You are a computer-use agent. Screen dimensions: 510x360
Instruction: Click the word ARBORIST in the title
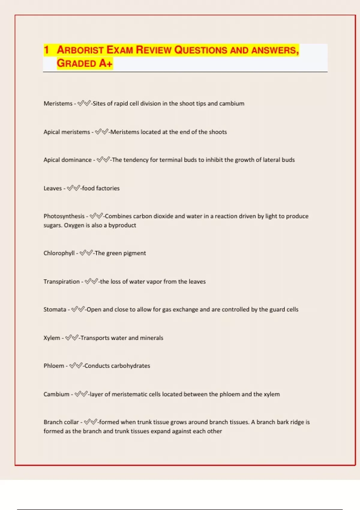[80, 50]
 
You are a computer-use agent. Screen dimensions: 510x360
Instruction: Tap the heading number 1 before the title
[46, 50]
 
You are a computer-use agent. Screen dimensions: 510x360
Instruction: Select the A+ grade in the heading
[106, 63]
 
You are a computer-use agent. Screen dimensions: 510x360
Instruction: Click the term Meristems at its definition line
[58, 103]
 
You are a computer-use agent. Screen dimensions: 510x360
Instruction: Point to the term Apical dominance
[67, 160]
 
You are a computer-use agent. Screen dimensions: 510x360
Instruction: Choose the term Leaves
[52, 188]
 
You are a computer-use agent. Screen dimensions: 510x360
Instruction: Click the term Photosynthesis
[64, 216]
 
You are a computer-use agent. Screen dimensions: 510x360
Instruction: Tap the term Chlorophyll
[59, 253]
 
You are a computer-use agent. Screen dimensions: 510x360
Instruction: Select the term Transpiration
[61, 282]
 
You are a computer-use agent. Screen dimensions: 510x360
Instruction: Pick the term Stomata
[55, 310]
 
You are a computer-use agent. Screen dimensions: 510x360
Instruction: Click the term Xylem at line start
[52, 338]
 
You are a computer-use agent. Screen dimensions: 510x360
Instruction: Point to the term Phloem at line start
[54, 366]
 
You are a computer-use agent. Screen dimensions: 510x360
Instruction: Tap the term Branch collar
[61, 422]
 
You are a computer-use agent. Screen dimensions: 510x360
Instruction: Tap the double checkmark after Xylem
[72, 338]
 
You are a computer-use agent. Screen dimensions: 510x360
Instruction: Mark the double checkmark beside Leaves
[73, 188]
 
